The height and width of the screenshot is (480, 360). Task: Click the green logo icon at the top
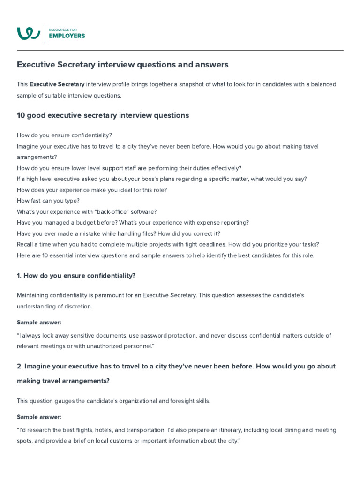click(x=28, y=33)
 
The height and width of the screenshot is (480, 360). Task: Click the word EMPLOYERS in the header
click(x=67, y=36)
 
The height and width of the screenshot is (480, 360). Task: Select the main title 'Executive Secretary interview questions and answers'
click(x=123, y=64)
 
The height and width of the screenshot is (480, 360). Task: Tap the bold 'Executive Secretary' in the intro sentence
click(x=57, y=84)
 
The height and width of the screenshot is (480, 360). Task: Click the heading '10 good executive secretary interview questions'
click(x=103, y=115)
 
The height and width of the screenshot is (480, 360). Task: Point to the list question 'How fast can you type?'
click(x=48, y=201)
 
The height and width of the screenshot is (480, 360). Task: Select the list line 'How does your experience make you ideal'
click(x=92, y=190)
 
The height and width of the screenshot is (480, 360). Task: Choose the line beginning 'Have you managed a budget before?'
click(x=133, y=222)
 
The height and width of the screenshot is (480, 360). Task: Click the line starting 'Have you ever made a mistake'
click(x=119, y=233)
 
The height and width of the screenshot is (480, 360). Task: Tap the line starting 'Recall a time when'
click(x=168, y=244)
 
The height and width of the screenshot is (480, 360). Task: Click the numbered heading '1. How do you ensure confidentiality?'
click(x=76, y=276)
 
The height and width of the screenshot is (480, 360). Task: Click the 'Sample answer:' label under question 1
click(x=39, y=322)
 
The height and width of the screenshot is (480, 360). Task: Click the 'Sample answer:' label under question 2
click(x=39, y=417)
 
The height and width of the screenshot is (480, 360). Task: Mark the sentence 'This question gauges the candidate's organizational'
click(x=113, y=401)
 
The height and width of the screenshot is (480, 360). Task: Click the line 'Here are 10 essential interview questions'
click(x=165, y=255)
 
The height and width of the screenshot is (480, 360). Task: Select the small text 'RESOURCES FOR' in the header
click(x=63, y=30)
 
